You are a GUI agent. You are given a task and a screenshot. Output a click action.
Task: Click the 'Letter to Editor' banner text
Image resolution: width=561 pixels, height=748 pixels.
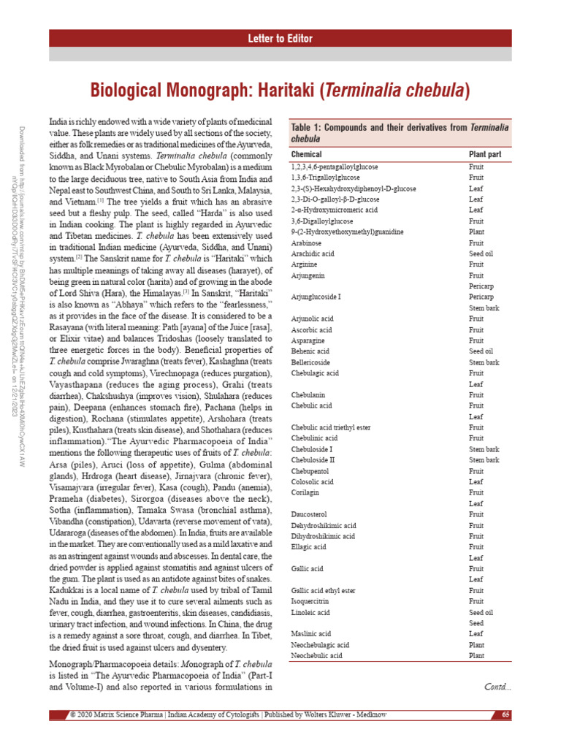click(280, 39)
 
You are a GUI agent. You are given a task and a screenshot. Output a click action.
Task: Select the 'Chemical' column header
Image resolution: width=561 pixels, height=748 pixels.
click(306, 155)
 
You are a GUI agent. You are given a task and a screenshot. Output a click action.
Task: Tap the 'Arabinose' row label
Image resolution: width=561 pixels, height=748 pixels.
click(306, 243)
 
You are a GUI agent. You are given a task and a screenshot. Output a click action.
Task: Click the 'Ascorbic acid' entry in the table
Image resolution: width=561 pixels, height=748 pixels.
click(312, 330)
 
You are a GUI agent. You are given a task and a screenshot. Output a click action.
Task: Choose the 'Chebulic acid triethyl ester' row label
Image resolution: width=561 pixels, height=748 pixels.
click(330, 427)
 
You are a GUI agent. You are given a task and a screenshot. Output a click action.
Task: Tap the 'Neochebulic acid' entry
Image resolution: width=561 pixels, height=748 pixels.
click(316, 656)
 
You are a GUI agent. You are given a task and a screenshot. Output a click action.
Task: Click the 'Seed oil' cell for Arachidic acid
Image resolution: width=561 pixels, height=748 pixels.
click(481, 253)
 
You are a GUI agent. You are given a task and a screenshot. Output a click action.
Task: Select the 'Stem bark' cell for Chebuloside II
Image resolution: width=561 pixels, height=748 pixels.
click(484, 460)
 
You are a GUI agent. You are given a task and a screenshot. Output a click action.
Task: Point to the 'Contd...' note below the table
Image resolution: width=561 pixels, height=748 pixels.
click(497, 687)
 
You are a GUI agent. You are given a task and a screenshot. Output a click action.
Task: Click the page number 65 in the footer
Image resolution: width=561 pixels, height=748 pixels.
click(505, 714)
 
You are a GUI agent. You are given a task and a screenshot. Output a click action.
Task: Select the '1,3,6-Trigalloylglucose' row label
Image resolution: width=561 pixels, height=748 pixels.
click(325, 178)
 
